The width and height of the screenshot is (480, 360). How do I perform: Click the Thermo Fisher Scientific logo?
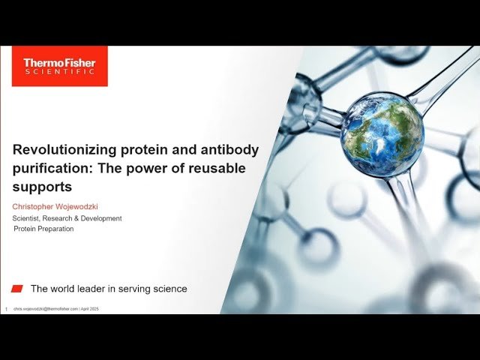click(59, 66)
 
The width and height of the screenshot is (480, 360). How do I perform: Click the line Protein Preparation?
click(43, 229)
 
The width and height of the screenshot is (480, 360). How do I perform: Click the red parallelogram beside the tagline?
click(17, 289)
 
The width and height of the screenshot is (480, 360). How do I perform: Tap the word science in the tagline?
click(166, 289)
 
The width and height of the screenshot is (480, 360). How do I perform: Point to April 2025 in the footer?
click(89, 309)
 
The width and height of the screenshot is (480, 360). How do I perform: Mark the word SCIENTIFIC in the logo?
click(59, 72)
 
